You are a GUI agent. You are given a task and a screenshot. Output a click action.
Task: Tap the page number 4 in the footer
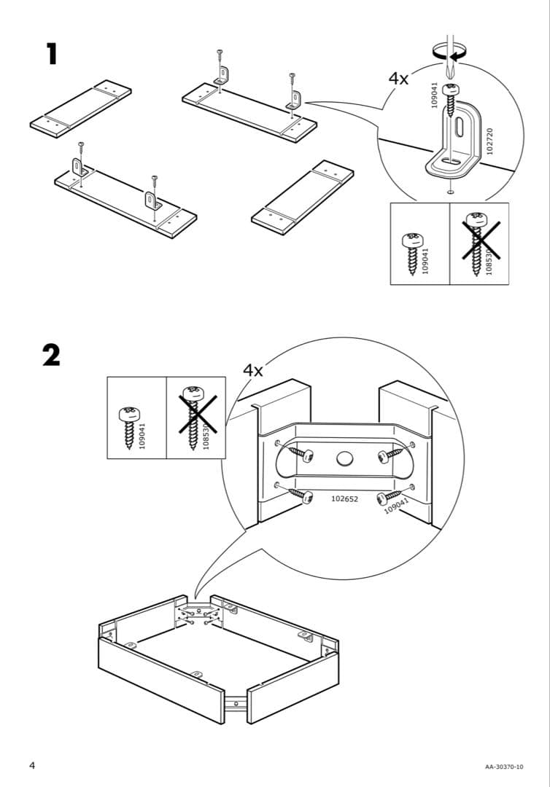pyautogui.click(x=32, y=764)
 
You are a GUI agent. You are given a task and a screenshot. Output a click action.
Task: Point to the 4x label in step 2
pyautogui.click(x=252, y=370)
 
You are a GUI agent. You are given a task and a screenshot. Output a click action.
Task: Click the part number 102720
pyautogui.click(x=489, y=140)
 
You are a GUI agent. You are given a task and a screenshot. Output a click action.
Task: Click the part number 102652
pyautogui.click(x=344, y=499)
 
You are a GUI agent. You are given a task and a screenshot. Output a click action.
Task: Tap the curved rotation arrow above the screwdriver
pyautogui.click(x=449, y=52)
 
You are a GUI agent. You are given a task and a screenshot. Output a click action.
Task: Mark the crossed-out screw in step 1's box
pyautogui.click(x=479, y=237)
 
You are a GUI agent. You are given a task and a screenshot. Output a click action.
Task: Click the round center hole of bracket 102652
pyautogui.click(x=344, y=459)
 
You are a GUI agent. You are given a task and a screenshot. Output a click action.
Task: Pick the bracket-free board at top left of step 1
pyautogui.click(x=81, y=106)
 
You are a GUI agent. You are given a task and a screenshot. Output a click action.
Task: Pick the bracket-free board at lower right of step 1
pyautogui.click(x=303, y=192)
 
